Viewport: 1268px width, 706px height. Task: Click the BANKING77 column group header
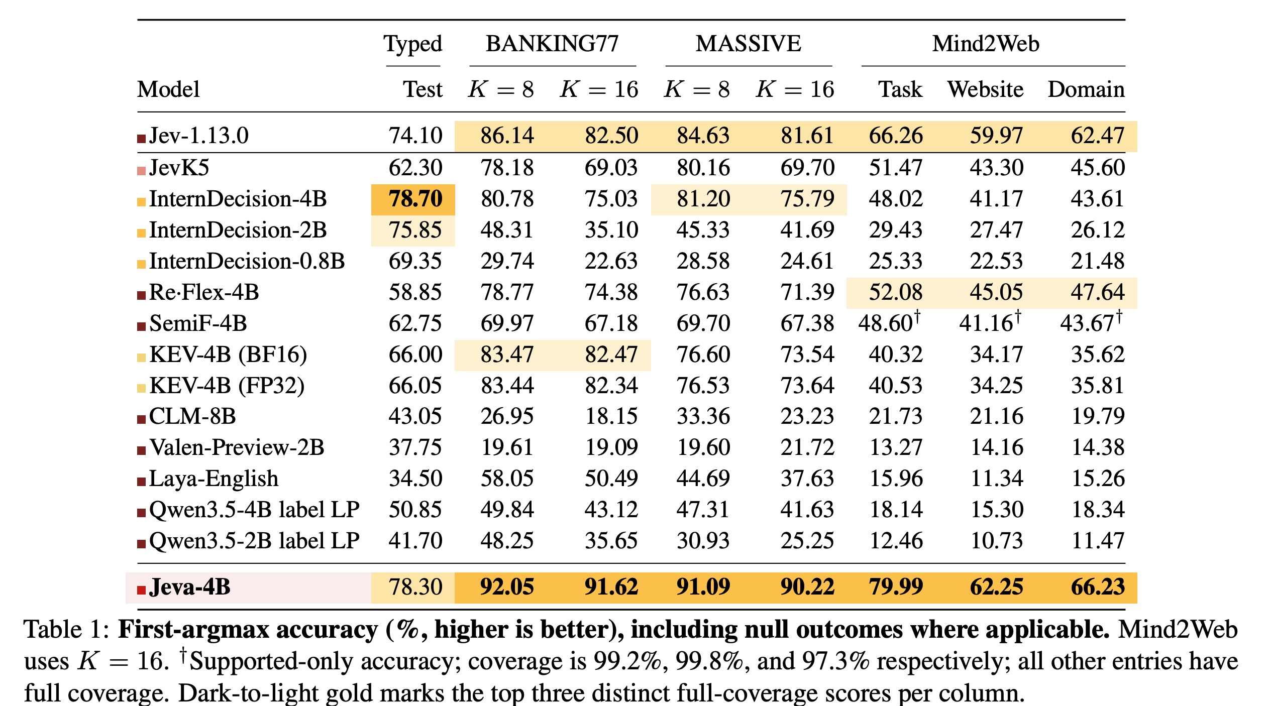point(552,44)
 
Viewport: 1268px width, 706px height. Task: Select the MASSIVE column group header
point(749,44)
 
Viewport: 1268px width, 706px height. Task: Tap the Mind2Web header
point(986,44)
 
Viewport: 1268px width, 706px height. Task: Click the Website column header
point(985,89)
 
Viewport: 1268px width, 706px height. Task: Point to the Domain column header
point(1086,89)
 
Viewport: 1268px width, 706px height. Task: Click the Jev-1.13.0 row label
point(199,136)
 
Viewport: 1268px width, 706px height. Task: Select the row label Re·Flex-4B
point(204,292)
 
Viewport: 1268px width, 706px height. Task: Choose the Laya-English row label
point(214,479)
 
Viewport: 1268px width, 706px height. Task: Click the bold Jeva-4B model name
point(190,587)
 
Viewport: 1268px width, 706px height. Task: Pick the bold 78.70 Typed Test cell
point(415,199)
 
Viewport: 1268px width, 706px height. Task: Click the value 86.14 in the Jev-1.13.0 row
point(507,136)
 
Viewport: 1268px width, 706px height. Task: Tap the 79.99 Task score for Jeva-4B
point(896,587)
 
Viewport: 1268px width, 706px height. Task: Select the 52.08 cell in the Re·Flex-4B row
point(896,292)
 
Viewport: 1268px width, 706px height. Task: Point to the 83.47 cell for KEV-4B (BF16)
point(507,355)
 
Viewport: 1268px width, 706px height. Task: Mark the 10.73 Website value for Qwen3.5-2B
point(997,541)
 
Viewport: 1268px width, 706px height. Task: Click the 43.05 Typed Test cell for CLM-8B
point(415,416)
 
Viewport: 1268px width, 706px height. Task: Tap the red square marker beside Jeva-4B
point(141,591)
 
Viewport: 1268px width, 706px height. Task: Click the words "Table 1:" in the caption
point(67,630)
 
